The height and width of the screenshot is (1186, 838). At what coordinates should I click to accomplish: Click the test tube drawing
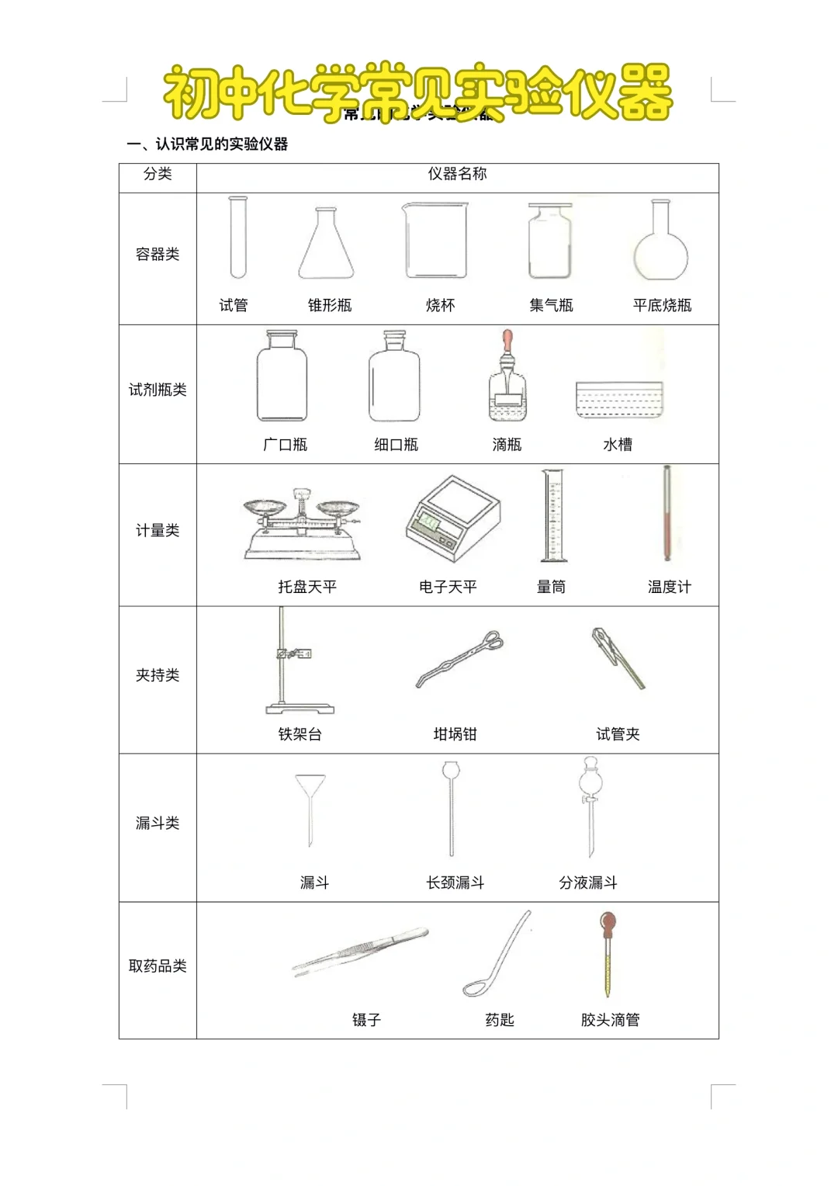click(237, 237)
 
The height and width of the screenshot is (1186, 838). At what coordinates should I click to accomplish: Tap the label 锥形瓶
click(329, 305)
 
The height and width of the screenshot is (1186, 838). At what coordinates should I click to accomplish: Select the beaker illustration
click(436, 241)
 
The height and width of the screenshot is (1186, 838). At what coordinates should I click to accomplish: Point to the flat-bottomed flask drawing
click(660, 244)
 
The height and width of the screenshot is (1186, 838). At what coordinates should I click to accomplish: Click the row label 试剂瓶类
click(158, 390)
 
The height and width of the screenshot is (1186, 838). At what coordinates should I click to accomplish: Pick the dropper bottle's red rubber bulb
click(507, 339)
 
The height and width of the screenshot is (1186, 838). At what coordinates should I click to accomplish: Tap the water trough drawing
click(618, 400)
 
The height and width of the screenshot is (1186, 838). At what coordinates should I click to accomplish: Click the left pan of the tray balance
click(264, 508)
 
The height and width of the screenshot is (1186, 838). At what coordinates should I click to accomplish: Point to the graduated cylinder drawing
click(553, 515)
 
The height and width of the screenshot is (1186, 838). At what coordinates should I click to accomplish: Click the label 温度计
click(669, 587)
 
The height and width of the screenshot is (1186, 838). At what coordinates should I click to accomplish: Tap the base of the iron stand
click(300, 708)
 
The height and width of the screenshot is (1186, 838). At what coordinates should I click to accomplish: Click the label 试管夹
click(618, 734)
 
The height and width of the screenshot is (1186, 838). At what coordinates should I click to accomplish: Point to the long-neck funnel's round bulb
click(451, 771)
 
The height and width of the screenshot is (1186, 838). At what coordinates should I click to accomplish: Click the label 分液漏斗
click(588, 883)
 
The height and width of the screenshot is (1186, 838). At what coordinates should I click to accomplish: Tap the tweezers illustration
click(360, 948)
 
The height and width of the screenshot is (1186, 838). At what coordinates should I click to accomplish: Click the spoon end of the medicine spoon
click(475, 988)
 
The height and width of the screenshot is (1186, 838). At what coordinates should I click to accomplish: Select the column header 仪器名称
click(457, 174)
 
